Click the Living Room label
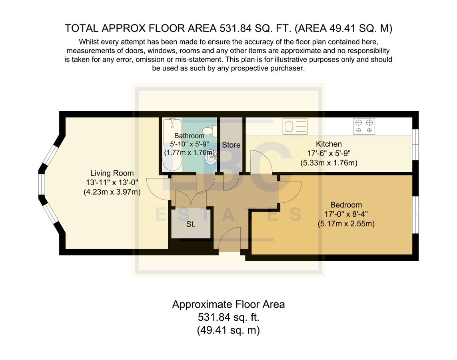112,173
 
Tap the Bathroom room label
189,136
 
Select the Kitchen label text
329,144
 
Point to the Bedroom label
346,205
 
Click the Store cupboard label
231,144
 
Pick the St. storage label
191,224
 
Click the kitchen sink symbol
295,127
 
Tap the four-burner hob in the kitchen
364,126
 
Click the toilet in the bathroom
209,131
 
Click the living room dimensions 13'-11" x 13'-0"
112,183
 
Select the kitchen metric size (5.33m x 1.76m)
329,163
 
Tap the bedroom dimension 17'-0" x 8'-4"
346,214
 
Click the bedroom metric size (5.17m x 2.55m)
346,224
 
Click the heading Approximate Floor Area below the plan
228,304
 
